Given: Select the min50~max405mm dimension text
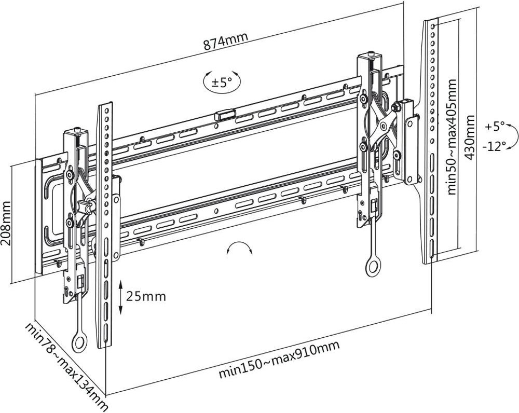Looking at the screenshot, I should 453,137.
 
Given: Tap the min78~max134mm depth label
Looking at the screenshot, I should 66,366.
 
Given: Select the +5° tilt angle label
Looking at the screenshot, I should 495,126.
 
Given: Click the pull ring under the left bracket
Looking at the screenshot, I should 79,342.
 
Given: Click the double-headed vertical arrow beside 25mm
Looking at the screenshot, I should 120,297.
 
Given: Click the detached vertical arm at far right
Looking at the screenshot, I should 431,140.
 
